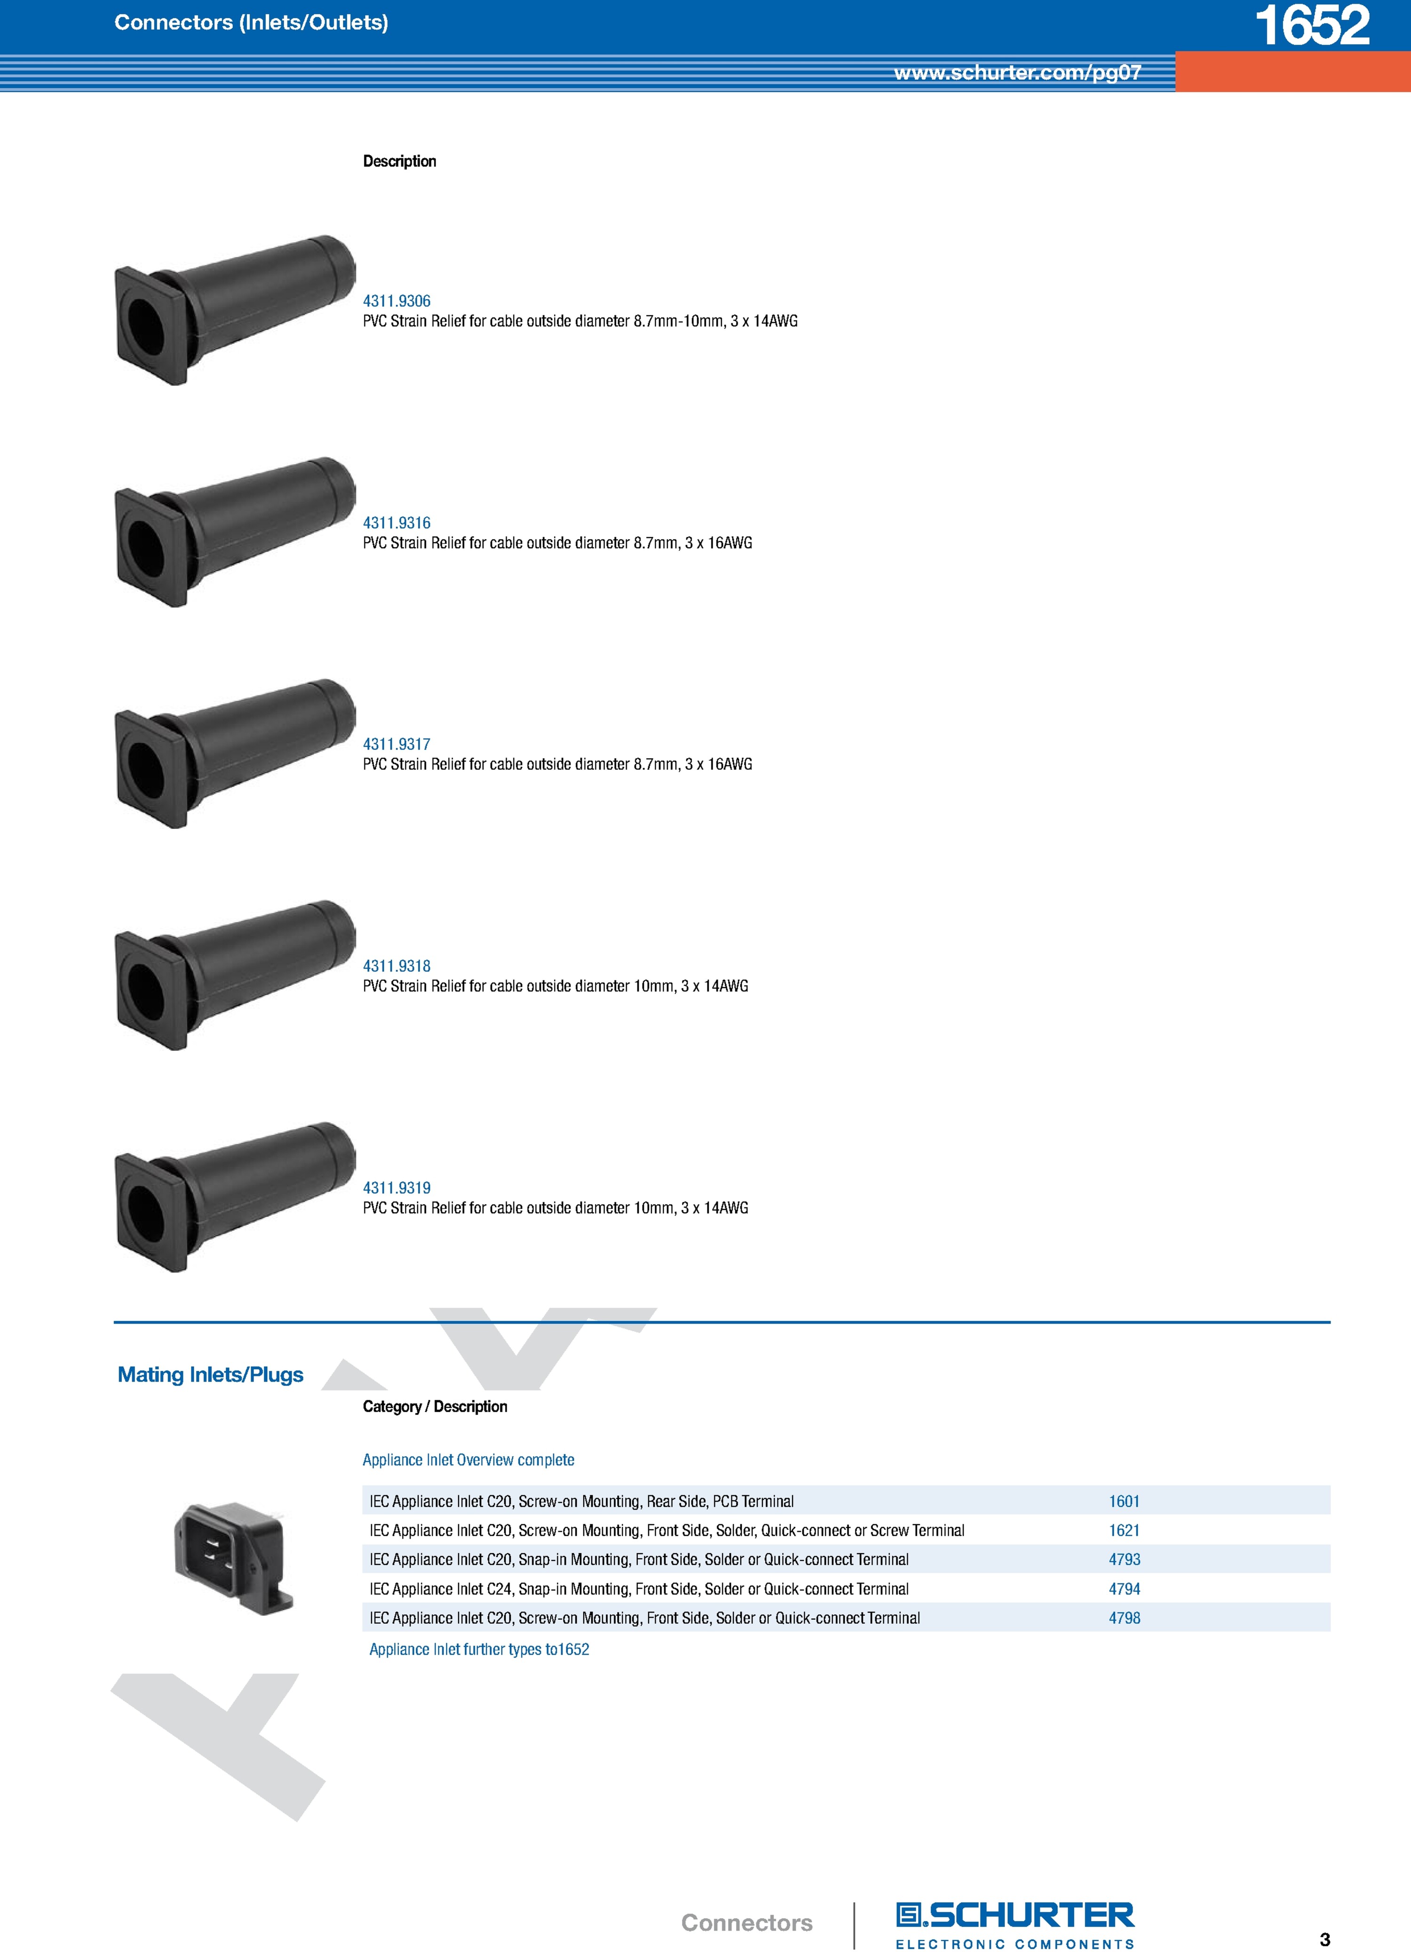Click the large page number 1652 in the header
point(1312,25)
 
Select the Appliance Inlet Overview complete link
point(468,1460)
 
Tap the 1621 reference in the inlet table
point(1124,1530)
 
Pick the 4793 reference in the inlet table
point(1124,1559)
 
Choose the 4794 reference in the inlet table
point(1124,1589)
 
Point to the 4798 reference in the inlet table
point(1124,1618)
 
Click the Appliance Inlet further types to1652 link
point(480,1649)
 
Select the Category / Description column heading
point(435,1407)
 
